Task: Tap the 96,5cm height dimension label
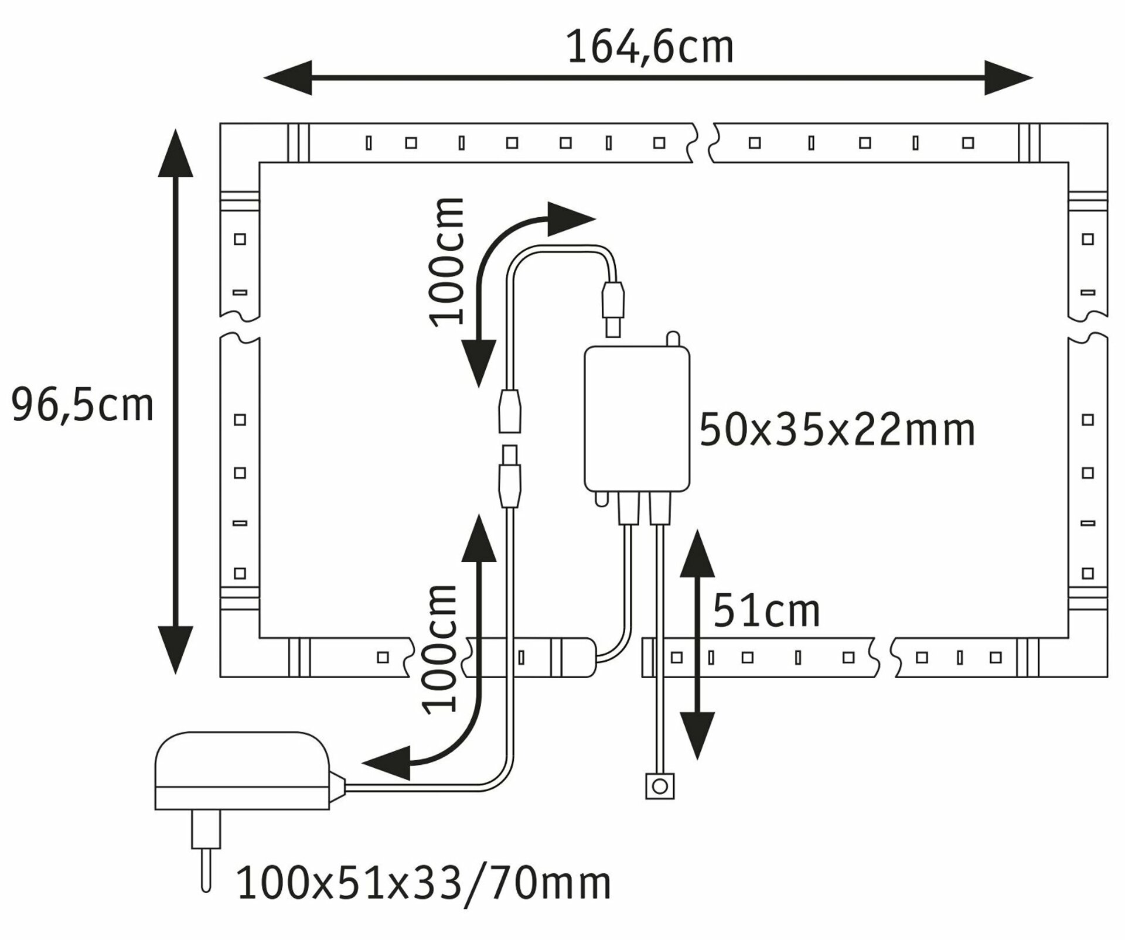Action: coord(82,405)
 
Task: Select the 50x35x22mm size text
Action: coord(837,430)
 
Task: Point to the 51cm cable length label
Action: coord(766,611)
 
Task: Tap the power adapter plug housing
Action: coord(241,771)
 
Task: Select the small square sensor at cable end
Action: coord(660,785)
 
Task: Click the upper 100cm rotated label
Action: coord(447,262)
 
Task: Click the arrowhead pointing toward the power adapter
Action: coord(384,763)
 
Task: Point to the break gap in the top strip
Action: coord(703,142)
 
